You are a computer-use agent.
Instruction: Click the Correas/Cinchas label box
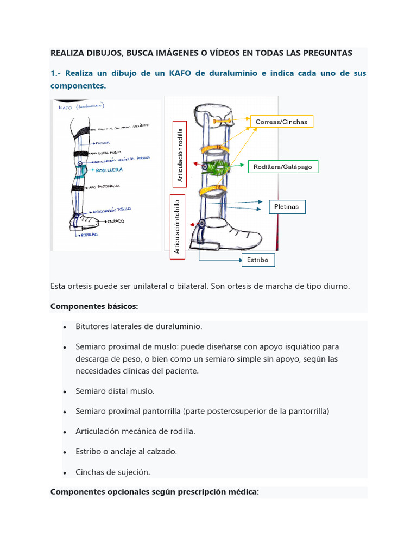281,122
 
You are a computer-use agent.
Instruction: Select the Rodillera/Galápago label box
283,167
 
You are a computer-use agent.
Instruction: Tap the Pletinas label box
287,206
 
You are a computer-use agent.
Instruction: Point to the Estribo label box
258,260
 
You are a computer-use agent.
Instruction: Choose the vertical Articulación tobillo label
177,226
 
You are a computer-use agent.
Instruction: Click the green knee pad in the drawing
217,166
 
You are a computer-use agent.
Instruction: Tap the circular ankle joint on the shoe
202,223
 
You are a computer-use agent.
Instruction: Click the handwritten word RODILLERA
109,170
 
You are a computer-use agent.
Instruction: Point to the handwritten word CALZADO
116,221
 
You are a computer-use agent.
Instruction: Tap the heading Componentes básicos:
94,306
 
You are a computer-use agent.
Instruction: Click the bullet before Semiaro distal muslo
64,391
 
